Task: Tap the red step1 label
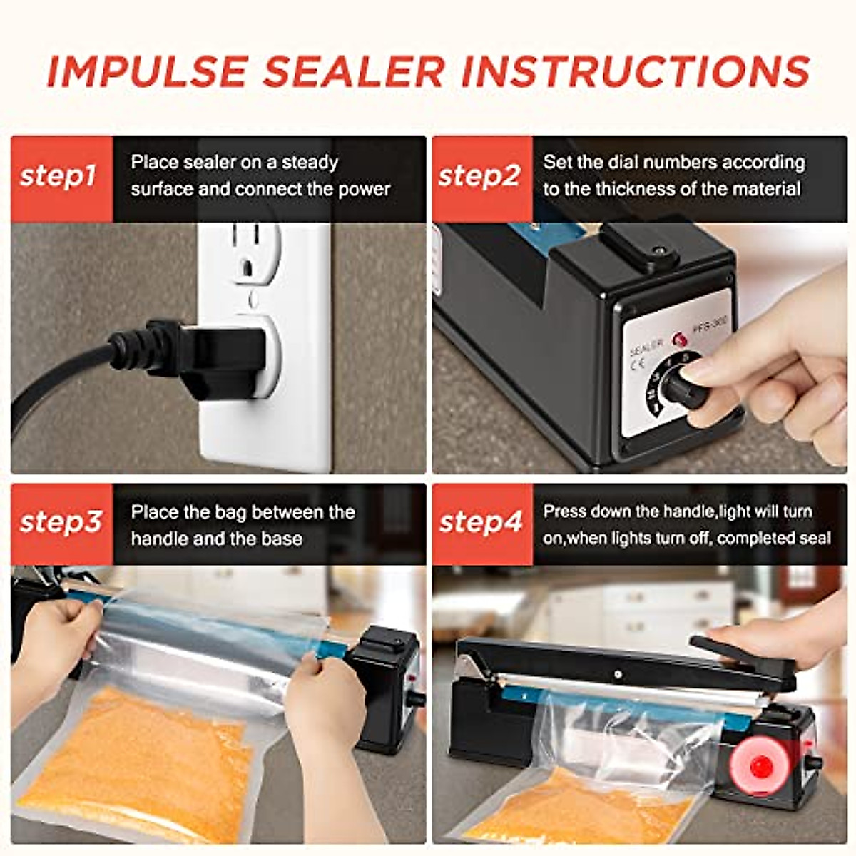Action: pyautogui.click(x=60, y=176)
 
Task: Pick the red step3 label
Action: pyautogui.click(x=61, y=522)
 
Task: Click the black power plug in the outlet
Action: pyautogui.click(x=214, y=357)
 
